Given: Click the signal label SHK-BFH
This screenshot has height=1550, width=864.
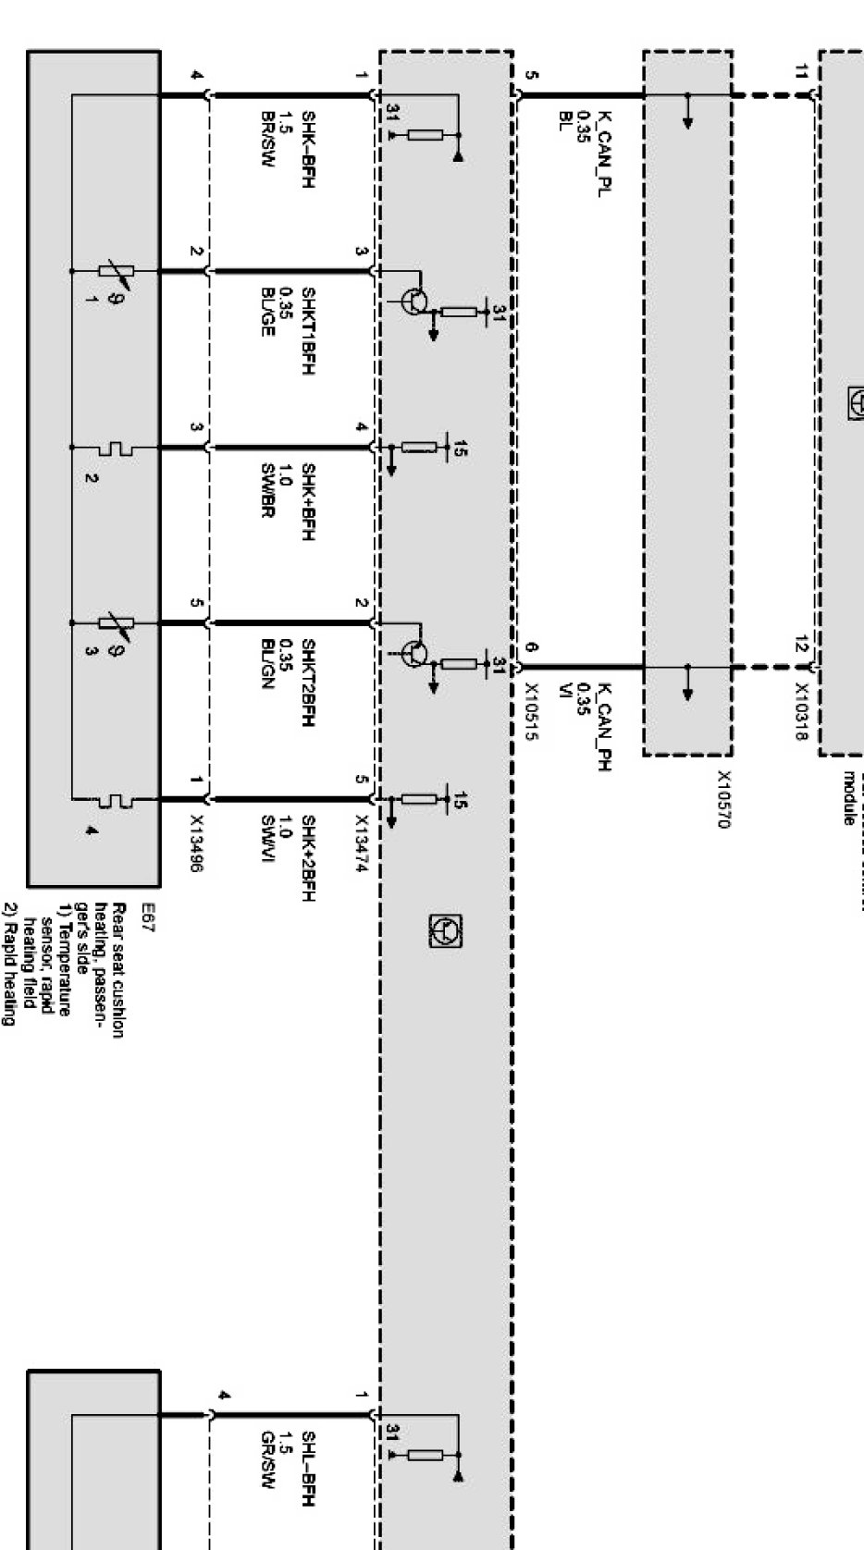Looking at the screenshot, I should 308,148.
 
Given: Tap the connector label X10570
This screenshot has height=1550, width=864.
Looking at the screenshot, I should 723,799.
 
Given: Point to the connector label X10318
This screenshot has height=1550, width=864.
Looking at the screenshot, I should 801,712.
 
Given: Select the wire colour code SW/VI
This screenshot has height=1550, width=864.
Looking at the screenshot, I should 267,837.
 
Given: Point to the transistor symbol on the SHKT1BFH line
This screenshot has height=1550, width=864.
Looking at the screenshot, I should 415,301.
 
